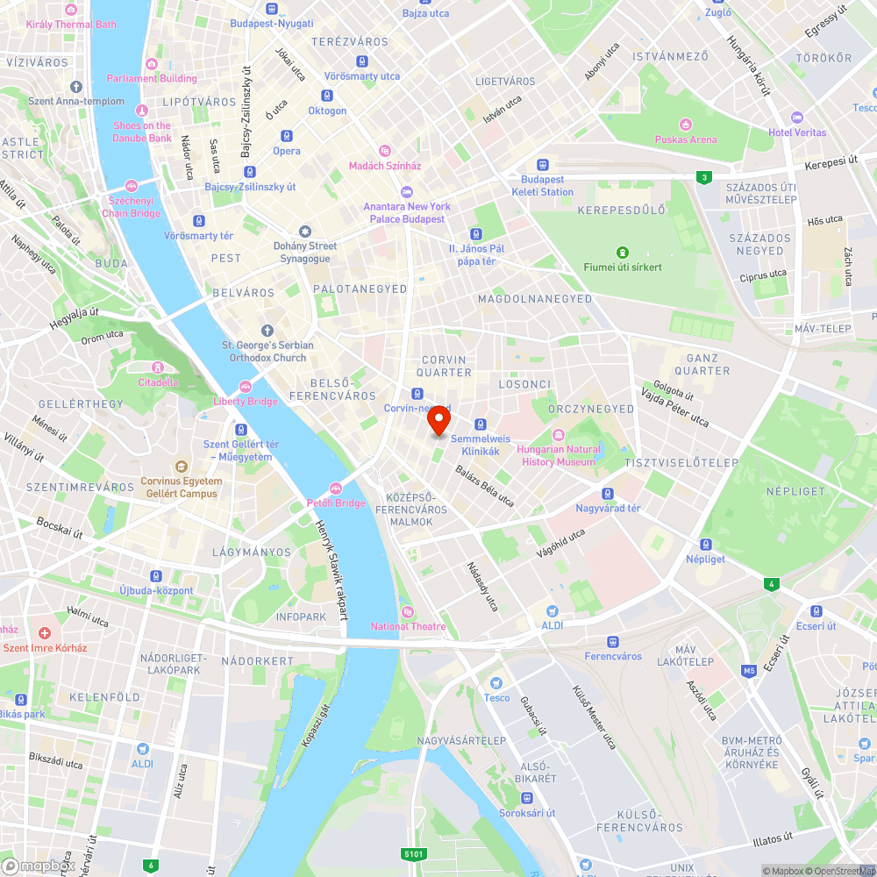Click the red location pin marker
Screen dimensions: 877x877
pos(438,420)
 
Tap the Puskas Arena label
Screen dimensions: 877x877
pos(685,139)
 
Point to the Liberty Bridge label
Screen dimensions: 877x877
pos(245,402)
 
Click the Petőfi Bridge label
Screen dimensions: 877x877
pos(336,503)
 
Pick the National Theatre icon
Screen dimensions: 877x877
pos(407,612)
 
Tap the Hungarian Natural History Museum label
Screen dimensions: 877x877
pos(560,455)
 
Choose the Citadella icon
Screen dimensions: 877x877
pos(158,367)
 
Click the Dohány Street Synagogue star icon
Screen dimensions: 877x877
pos(305,231)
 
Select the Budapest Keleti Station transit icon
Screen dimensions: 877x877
pos(543,164)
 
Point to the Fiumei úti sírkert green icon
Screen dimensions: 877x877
pos(623,253)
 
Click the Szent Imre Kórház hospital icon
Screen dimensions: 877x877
pos(45,632)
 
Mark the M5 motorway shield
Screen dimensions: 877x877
pos(749,671)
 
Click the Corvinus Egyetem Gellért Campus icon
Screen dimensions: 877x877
pos(181,467)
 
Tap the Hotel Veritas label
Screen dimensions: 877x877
pos(797,132)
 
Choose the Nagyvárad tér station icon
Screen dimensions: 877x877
pos(608,494)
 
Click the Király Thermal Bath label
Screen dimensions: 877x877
pos(72,25)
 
